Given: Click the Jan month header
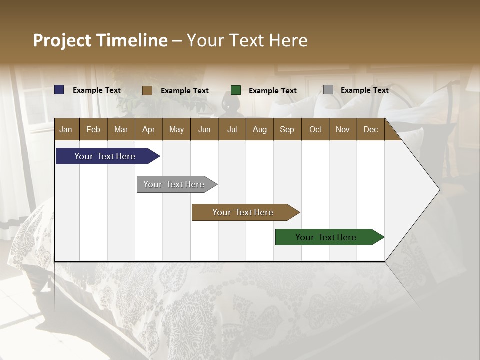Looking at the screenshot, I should pyautogui.click(x=66, y=129).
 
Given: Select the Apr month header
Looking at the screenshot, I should pyautogui.click(x=148, y=129).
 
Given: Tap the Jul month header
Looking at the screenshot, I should pyautogui.click(x=232, y=129).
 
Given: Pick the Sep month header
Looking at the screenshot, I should pyautogui.click(x=287, y=129).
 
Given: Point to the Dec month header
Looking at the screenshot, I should pyautogui.click(x=370, y=129).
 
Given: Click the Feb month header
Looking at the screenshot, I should pyautogui.click(x=93, y=129).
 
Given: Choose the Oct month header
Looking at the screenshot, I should pyautogui.click(x=315, y=129).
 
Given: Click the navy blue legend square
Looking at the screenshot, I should pyautogui.click(x=59, y=90).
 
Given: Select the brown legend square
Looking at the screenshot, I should pyautogui.click(x=147, y=90).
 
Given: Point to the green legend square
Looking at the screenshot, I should pyautogui.click(x=236, y=90).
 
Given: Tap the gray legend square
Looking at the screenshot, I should pyautogui.click(x=328, y=90).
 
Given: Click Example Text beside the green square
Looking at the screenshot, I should pyautogui.click(x=272, y=91).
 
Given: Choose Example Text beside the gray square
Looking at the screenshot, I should pyautogui.click(x=364, y=90).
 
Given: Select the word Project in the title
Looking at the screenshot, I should pyautogui.click(x=62, y=40).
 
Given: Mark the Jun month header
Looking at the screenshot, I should pyautogui.click(x=204, y=129).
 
